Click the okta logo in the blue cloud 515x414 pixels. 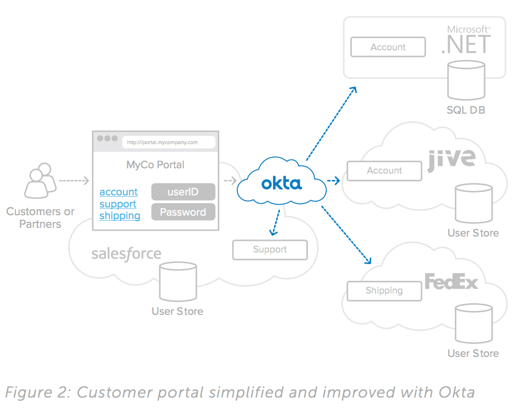click(x=281, y=183)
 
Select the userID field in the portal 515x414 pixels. click(x=183, y=192)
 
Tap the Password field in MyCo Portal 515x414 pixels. click(x=183, y=212)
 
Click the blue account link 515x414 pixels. click(x=119, y=192)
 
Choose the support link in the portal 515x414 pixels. click(x=118, y=204)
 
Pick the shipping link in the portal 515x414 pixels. click(x=120, y=215)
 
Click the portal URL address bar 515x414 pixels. click(x=168, y=142)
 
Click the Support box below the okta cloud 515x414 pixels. click(x=270, y=250)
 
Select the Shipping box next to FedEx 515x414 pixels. click(x=384, y=291)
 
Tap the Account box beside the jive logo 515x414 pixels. click(x=384, y=171)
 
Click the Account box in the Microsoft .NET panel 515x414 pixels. click(x=388, y=47)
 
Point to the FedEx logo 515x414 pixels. click(x=451, y=282)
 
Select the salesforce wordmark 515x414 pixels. click(x=126, y=253)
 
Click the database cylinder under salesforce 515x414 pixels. click(x=178, y=282)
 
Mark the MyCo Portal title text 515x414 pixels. click(x=155, y=164)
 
